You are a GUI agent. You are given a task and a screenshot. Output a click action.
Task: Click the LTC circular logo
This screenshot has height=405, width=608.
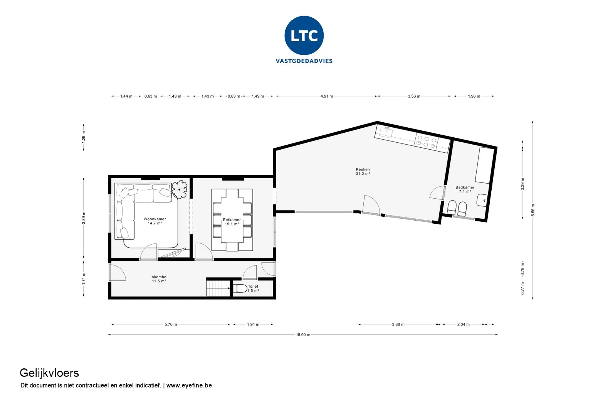[304, 35]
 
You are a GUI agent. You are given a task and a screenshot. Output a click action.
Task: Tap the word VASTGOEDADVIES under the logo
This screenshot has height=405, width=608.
[304, 61]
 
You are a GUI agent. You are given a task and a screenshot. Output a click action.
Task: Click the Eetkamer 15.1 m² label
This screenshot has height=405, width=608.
[232, 222]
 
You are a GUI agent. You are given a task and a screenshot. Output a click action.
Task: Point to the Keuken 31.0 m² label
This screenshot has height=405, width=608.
[363, 171]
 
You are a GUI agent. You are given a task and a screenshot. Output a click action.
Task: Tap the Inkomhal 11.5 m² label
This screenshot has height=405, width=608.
[159, 279]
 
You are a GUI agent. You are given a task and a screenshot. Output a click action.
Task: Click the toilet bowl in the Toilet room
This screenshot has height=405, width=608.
[240, 289]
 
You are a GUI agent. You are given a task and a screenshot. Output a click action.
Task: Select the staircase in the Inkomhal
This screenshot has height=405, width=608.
[218, 288]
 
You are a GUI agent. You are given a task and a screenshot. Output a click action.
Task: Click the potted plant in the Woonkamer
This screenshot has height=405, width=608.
[180, 189]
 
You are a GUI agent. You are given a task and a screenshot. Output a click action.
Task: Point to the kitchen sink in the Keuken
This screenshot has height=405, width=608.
[386, 132]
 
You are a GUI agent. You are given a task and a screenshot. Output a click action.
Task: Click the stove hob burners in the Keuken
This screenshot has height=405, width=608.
[427, 142]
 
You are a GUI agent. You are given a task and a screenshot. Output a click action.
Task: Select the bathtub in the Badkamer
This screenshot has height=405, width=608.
[484, 165]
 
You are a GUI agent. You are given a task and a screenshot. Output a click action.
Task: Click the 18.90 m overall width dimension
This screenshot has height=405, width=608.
[303, 334]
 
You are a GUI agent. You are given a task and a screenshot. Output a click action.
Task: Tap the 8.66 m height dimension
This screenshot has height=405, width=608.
[533, 210]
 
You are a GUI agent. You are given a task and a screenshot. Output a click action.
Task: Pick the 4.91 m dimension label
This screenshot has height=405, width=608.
[326, 96]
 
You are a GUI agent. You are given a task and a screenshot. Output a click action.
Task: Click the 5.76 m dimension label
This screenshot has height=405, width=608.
[171, 324]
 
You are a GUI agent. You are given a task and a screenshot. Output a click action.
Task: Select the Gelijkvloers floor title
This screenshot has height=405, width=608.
[49, 373]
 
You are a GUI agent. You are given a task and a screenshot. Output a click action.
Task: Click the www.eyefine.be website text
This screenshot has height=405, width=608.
[189, 385]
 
